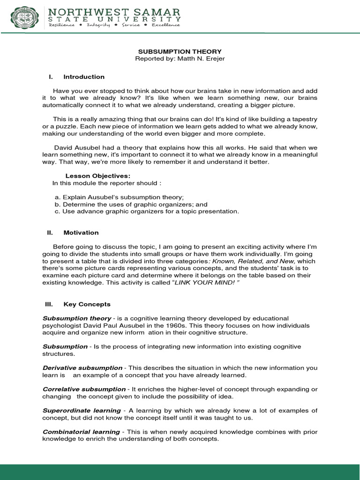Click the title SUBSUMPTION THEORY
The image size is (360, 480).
(x=180, y=51)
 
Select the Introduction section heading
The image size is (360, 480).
(x=84, y=77)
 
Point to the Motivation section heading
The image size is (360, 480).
(x=81, y=232)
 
